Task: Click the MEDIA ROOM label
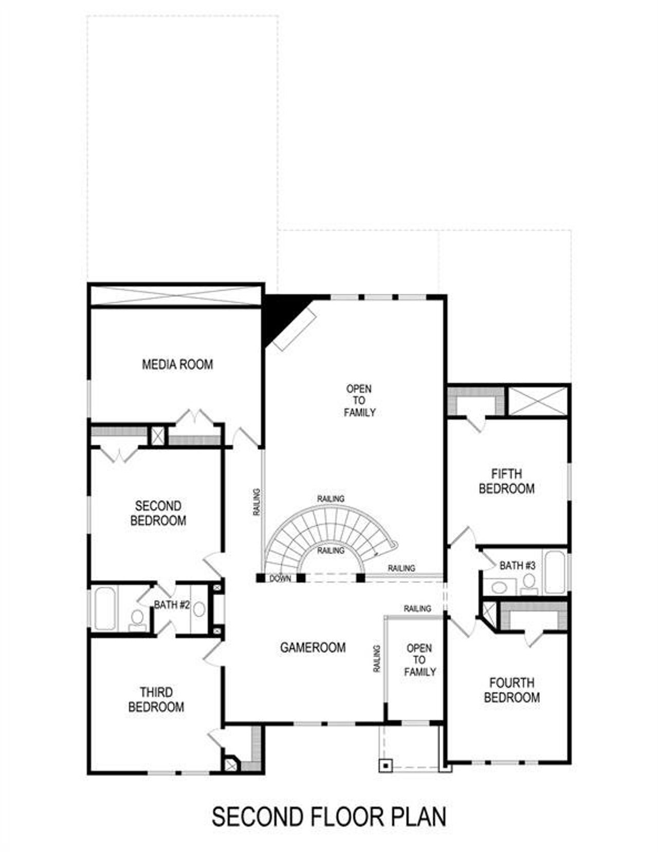pos(177,364)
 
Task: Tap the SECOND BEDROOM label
pos(158,513)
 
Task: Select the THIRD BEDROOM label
pos(156,699)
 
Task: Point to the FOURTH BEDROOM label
pos(511,690)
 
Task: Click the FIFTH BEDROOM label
pos(506,481)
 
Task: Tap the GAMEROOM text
pos(313,647)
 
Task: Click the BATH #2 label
pos(172,605)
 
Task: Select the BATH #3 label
pos(517,565)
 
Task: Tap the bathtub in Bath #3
pos(555,571)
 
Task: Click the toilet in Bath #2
pos(137,619)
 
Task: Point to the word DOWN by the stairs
pos(280,579)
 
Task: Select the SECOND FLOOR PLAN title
pos(329,817)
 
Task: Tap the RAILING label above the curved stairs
pos(331,498)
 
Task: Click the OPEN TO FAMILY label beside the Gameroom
pos(419,660)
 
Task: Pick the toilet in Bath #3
pos(528,583)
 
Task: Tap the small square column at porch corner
pos(385,765)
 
